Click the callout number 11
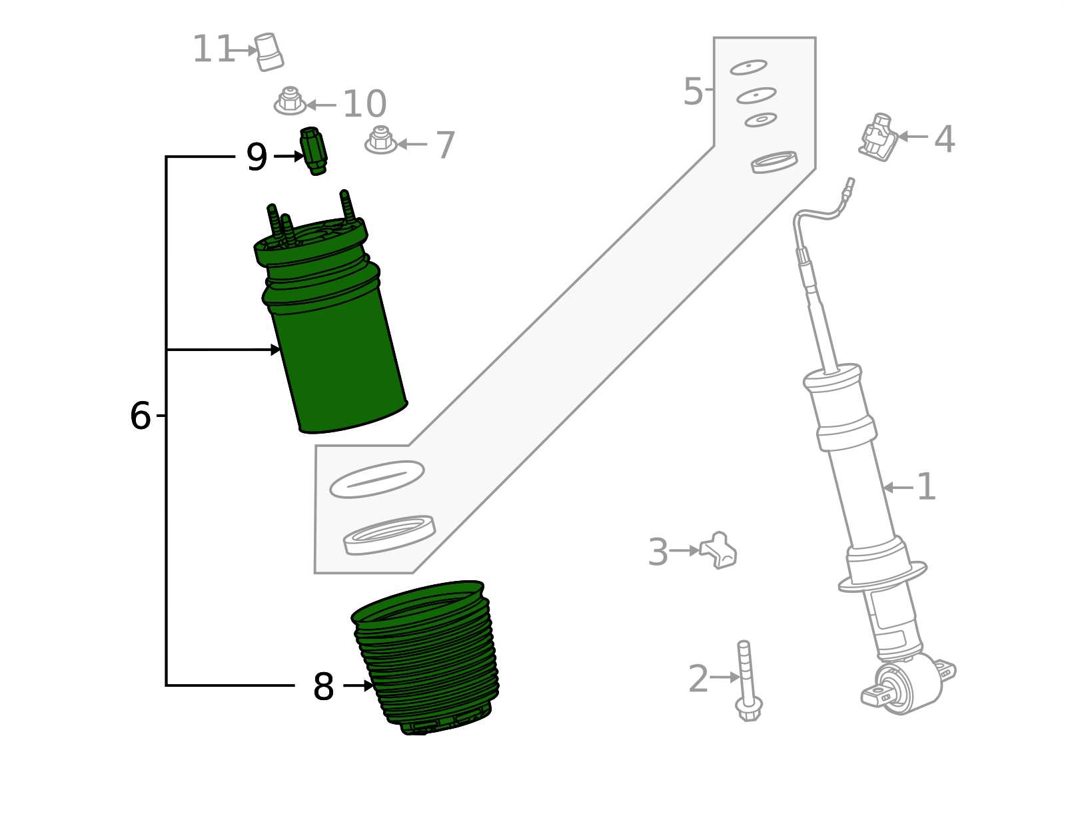(x=213, y=49)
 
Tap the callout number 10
(x=364, y=104)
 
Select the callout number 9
(x=257, y=157)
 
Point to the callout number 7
(x=444, y=145)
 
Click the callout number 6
(x=140, y=416)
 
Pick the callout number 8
(x=323, y=686)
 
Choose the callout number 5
(x=693, y=91)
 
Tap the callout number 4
(x=944, y=139)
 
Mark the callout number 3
(x=658, y=552)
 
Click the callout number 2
(x=698, y=678)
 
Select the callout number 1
(x=926, y=487)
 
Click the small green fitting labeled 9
(x=314, y=151)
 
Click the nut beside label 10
(x=290, y=101)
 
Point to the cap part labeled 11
(x=269, y=51)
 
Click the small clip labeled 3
(x=719, y=550)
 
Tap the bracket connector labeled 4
(x=878, y=137)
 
